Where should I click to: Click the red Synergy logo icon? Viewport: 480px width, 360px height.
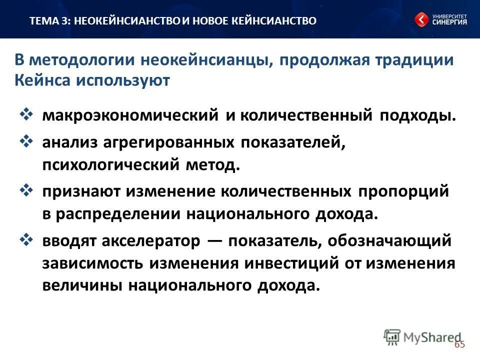(421, 19)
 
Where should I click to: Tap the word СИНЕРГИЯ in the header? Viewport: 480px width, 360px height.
(449, 22)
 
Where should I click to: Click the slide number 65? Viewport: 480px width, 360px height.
(459, 344)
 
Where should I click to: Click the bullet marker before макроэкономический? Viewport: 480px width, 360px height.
(26, 114)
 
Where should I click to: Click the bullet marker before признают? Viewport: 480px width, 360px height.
(26, 191)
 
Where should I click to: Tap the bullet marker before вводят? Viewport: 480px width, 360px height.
(26, 240)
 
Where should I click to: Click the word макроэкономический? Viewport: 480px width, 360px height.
(130, 115)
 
